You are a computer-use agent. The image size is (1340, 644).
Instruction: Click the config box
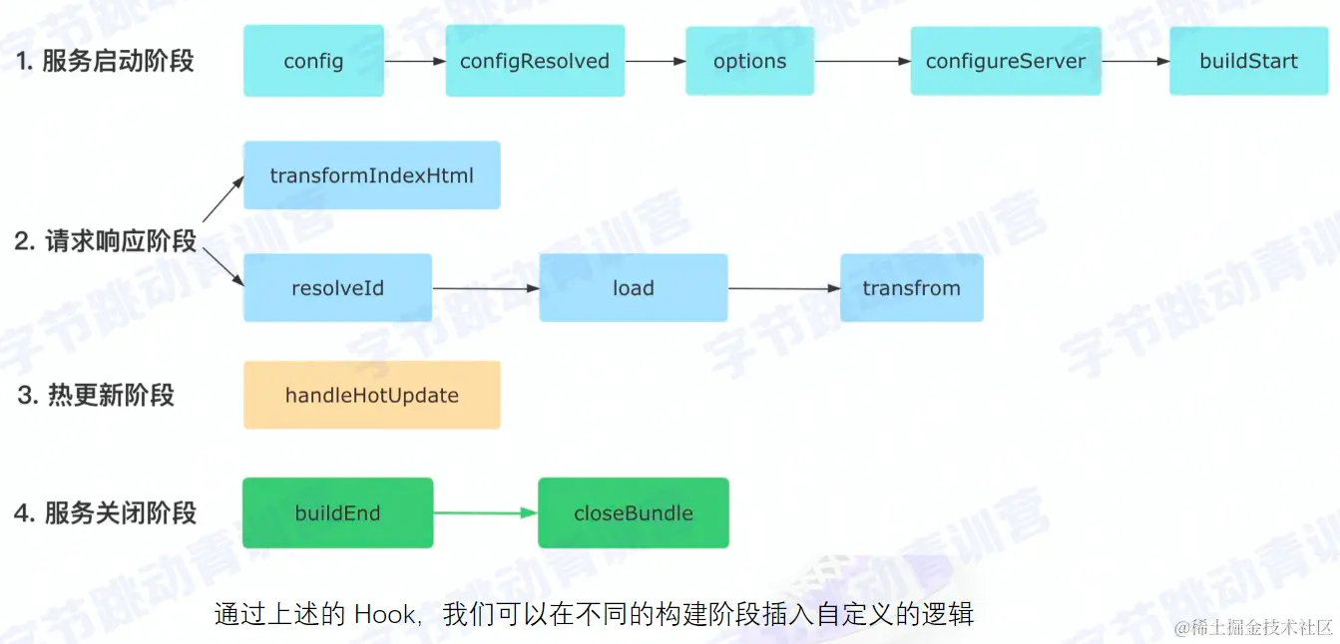pos(313,61)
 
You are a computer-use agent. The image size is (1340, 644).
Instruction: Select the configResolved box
pos(535,61)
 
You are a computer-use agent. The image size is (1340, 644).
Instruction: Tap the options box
pos(749,61)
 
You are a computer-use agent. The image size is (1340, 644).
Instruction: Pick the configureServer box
pos(1006,61)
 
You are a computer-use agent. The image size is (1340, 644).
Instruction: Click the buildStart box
pos(1248,61)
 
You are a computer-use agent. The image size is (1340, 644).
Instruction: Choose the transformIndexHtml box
pos(371,175)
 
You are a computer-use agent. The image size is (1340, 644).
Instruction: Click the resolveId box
pos(337,288)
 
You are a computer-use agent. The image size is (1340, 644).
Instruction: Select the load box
pos(633,288)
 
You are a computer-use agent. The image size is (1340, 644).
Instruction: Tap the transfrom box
pos(911,288)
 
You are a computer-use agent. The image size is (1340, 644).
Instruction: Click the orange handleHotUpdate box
pos(371,395)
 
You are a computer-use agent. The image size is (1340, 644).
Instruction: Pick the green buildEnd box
pos(337,513)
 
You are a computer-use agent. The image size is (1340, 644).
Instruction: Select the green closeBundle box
pos(633,513)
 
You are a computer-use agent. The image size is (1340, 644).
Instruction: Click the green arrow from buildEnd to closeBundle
pos(485,513)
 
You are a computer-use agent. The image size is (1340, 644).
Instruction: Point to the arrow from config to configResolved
pos(414,62)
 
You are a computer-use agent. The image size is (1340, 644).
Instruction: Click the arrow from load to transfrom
pos(783,289)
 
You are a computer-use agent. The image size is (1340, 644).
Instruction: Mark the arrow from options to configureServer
pos(862,62)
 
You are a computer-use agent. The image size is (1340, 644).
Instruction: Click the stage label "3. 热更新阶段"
pos(96,395)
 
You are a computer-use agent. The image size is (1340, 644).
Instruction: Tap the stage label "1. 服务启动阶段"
pos(104,61)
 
